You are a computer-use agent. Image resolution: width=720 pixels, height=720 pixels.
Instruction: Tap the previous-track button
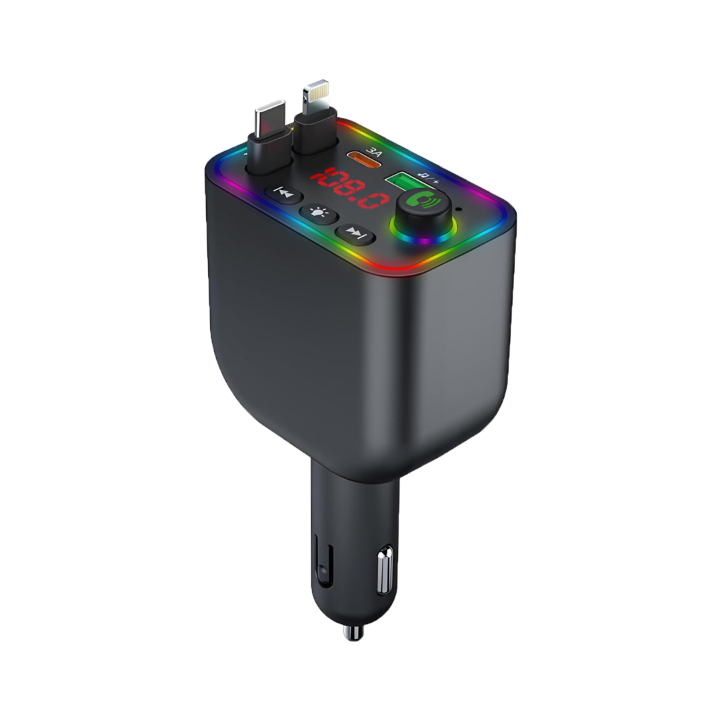pyautogui.click(x=284, y=194)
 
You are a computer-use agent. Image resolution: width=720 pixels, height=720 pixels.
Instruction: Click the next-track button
pyautogui.click(x=355, y=233)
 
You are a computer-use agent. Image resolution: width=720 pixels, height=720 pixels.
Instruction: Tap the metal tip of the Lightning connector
pyautogui.click(x=316, y=97)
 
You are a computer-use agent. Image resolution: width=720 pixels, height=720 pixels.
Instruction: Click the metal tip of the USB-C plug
pyautogui.click(x=271, y=119)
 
